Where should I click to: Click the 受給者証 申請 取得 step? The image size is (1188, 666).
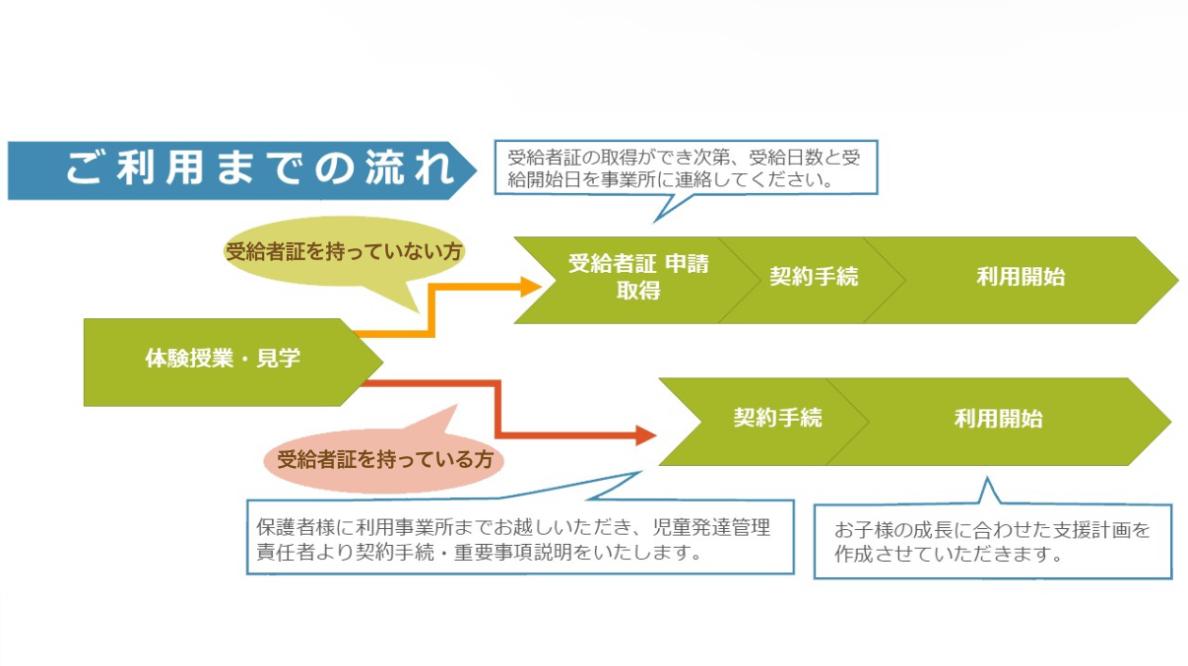pyautogui.click(x=636, y=277)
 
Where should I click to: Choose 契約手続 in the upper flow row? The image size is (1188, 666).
pyautogui.click(x=814, y=277)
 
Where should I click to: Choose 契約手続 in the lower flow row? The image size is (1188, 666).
pyautogui.click(x=777, y=418)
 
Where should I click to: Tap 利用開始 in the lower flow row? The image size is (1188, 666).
pyautogui.click(x=998, y=418)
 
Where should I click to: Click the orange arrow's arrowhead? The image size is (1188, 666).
pyautogui.click(x=531, y=287)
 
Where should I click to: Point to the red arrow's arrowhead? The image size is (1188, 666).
pyautogui.click(x=646, y=433)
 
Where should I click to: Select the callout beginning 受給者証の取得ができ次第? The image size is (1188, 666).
pyautogui.click(x=685, y=168)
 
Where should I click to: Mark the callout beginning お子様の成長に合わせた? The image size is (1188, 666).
pyautogui.click(x=992, y=541)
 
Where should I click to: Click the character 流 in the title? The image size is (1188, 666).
pyautogui.click(x=378, y=169)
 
